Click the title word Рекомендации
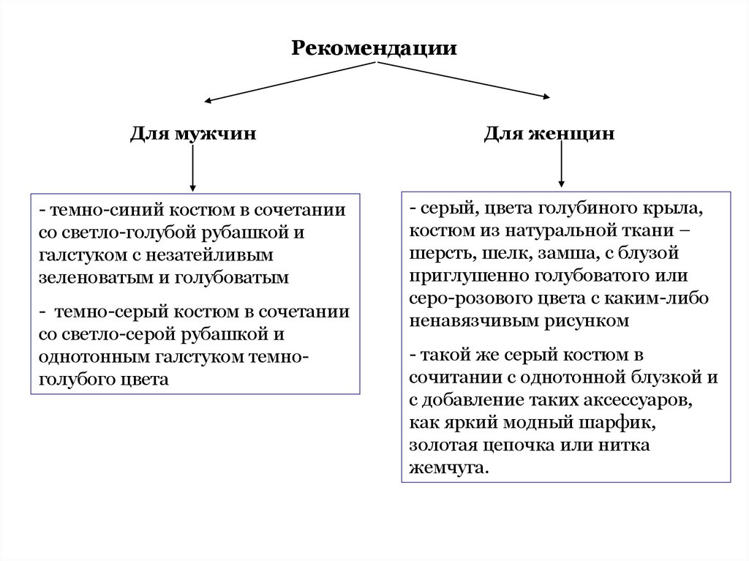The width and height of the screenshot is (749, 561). pos(374,48)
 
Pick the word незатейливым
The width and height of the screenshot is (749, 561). pos(215,255)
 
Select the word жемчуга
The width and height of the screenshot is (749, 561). pos(448,467)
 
